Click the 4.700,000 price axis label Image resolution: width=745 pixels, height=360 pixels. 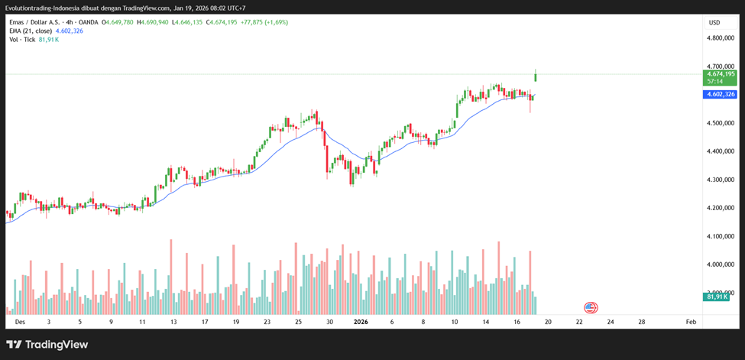click(x=721, y=66)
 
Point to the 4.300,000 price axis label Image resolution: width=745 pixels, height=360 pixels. click(x=721, y=180)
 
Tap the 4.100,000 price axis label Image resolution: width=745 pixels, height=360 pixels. click(x=721, y=236)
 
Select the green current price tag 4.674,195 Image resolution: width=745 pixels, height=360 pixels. click(x=721, y=74)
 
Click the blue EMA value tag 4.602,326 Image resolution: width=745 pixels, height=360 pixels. click(x=721, y=94)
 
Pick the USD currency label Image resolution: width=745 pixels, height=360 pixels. click(x=714, y=22)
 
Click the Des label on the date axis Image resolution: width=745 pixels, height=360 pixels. click(x=20, y=322)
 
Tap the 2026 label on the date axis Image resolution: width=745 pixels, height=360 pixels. click(x=361, y=322)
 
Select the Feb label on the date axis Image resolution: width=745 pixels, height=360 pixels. click(x=691, y=322)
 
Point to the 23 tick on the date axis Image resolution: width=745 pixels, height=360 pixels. click(x=267, y=322)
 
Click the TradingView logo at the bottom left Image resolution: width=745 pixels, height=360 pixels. click(x=47, y=345)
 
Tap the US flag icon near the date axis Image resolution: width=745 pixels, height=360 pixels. click(x=590, y=307)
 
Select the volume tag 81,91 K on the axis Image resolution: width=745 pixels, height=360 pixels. click(x=721, y=297)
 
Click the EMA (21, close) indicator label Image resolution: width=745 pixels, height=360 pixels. click(x=31, y=31)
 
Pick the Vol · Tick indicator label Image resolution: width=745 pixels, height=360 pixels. click(x=23, y=40)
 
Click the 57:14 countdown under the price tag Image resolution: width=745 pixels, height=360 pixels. click(x=716, y=81)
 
